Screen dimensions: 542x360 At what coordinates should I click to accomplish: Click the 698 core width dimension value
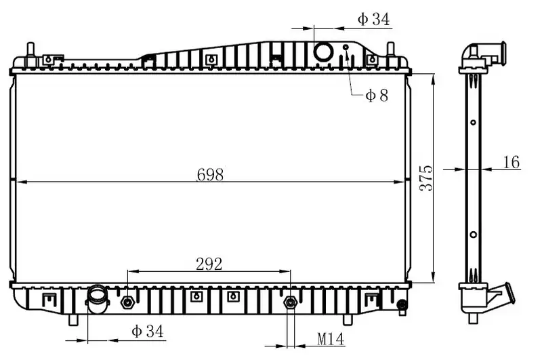[x=210, y=174]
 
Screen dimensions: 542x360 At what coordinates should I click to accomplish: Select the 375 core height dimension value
[x=426, y=178]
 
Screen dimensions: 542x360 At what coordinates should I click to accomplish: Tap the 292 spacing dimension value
[x=209, y=264]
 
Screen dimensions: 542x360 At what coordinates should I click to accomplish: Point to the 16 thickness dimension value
[x=512, y=162]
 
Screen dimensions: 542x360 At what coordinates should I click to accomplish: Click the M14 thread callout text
[x=331, y=339]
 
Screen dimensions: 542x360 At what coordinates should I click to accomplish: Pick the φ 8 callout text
[x=377, y=95]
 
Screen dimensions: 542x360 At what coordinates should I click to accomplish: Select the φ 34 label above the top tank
[x=374, y=20]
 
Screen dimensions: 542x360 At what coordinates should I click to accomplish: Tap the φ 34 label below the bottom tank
[x=147, y=332]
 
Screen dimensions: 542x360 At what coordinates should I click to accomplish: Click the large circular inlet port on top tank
[x=324, y=52]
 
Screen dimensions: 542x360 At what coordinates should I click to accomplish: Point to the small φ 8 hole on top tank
[x=346, y=47]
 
